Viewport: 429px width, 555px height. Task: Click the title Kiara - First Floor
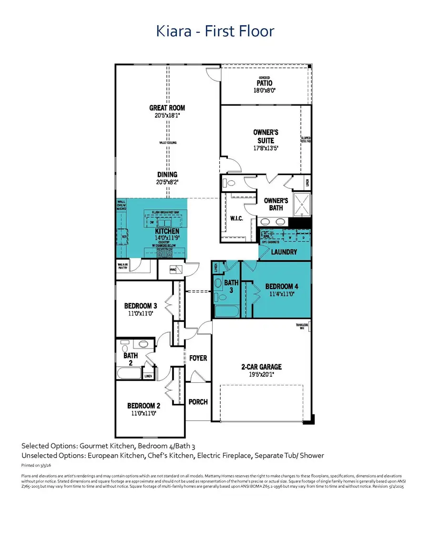pyautogui.click(x=215, y=31)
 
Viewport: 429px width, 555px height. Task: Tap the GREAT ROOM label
pyautogui.click(x=167, y=108)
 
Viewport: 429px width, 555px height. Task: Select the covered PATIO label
pyautogui.click(x=265, y=83)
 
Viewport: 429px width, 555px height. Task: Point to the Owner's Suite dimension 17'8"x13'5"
pyautogui.click(x=265, y=148)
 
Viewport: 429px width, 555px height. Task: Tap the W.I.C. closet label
pyautogui.click(x=236, y=219)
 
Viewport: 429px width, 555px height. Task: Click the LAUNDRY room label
pyautogui.click(x=284, y=252)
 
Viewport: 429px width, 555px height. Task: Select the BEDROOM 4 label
pyautogui.click(x=282, y=287)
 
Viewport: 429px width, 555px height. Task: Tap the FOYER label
pyautogui.click(x=198, y=358)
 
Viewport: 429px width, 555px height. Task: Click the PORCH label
pyautogui.click(x=198, y=401)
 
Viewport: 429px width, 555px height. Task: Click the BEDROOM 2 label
pyautogui.click(x=143, y=406)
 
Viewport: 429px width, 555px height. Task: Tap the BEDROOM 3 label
pyautogui.click(x=141, y=306)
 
